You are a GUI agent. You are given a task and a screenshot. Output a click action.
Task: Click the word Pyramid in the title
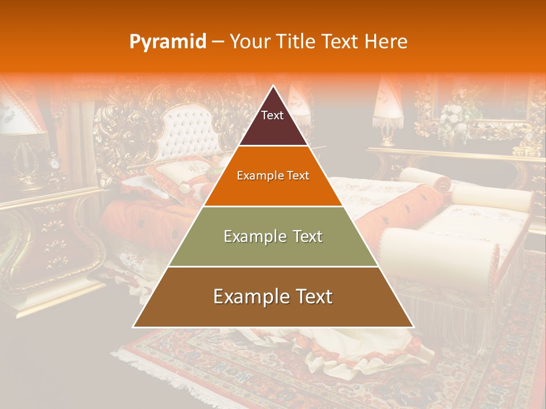coord(168,42)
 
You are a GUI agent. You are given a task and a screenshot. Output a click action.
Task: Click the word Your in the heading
coord(249,42)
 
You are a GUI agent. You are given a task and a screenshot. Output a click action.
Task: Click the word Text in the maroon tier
coord(272,115)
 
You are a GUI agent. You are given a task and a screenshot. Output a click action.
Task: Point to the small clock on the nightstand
coord(55,162)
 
